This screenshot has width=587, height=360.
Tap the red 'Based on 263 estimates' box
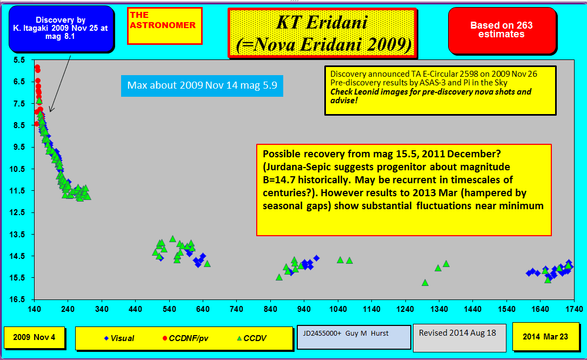click(x=502, y=30)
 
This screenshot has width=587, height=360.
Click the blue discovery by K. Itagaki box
click(x=61, y=29)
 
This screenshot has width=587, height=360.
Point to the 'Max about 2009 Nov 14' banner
click(x=202, y=86)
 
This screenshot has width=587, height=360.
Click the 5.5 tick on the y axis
click(x=19, y=60)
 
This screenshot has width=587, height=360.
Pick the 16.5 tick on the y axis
click(x=18, y=299)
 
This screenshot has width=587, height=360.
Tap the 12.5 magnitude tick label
click(x=18, y=212)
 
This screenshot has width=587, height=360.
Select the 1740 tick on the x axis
click(x=574, y=309)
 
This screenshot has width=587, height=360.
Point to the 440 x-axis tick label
click(x=135, y=309)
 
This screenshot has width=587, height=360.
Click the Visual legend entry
click(x=119, y=338)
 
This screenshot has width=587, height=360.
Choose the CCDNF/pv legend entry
click(x=185, y=338)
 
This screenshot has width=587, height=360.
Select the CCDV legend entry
click(x=251, y=338)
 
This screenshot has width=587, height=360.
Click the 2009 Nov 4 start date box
click(x=34, y=337)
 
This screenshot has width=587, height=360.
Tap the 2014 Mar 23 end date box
click(x=545, y=336)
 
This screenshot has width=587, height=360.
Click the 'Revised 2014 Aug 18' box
click(x=459, y=338)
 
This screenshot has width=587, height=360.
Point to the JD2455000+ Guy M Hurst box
click(x=354, y=337)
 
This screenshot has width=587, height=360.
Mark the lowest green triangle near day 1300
click(x=425, y=283)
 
